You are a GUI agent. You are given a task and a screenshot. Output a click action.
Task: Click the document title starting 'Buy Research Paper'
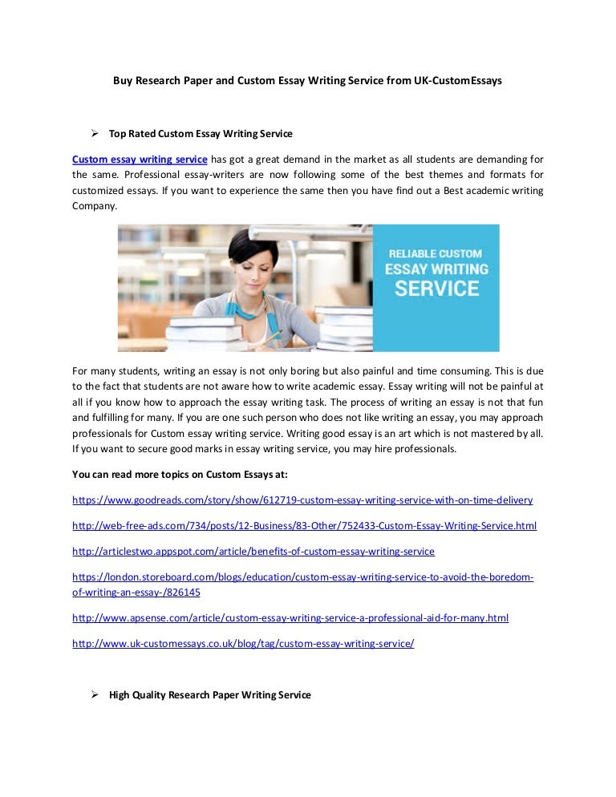tap(306, 81)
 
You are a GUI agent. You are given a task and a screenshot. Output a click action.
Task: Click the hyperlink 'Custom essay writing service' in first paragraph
tap(140, 159)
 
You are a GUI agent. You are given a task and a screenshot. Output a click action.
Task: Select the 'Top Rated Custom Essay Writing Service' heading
tap(201, 133)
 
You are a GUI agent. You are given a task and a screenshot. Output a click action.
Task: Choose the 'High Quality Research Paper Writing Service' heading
tap(209, 695)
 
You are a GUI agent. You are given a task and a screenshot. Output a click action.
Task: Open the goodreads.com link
tap(302, 500)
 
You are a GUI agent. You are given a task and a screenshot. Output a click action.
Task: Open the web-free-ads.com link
tap(304, 525)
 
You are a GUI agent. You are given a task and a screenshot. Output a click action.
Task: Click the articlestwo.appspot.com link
tap(253, 551)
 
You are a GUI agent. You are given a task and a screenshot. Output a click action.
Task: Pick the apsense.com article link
tap(290, 617)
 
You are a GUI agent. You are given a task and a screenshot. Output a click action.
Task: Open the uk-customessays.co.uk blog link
tap(243, 643)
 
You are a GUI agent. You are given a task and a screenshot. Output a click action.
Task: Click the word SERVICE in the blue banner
tap(436, 289)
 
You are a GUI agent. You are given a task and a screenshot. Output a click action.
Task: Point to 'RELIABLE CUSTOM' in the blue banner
tap(436, 253)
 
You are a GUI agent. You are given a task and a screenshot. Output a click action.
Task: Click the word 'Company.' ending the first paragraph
tap(95, 205)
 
